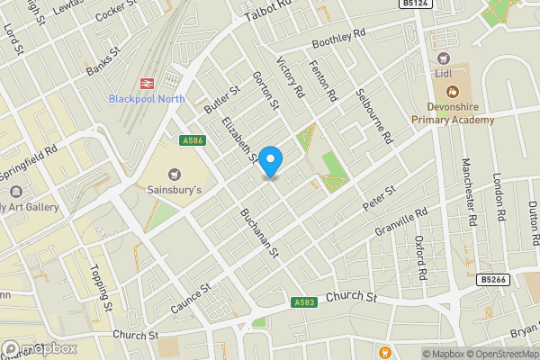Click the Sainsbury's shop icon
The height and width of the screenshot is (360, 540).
coord(175,174)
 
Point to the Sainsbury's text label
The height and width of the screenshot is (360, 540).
coord(175,190)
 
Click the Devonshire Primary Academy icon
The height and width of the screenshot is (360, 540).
coord(453,90)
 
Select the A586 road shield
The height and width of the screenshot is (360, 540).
coord(190,139)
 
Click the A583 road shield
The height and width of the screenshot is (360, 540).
coord(304,302)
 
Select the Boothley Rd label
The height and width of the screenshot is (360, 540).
coord(339,41)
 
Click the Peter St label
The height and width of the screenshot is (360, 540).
coord(379,199)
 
